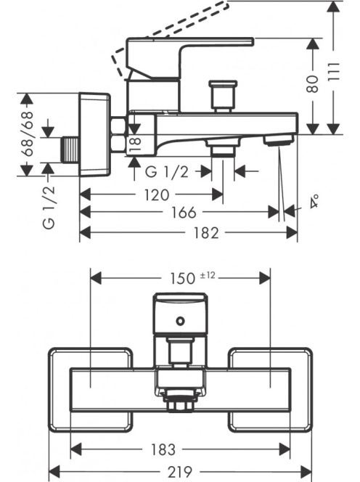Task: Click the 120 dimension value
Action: [157, 195]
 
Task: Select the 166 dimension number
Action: [184, 212]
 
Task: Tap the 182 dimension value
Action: [206, 233]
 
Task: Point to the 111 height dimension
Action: [334, 72]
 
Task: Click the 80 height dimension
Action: [313, 84]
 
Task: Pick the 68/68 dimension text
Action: [28, 134]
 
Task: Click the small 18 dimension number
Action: [136, 144]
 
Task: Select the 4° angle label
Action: [314, 202]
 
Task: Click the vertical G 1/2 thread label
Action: [49, 207]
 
